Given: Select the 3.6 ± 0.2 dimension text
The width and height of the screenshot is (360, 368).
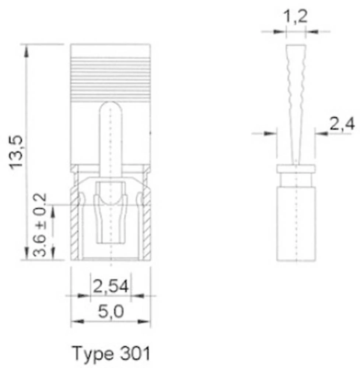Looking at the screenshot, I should point(40,224).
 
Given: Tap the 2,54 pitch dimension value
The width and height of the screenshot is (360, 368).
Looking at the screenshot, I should point(111,286).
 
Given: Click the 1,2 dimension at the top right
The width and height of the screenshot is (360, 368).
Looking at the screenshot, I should point(295,17).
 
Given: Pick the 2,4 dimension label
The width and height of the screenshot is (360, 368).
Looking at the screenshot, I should point(342,125).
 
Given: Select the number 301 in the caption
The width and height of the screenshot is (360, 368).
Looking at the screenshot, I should point(135,354).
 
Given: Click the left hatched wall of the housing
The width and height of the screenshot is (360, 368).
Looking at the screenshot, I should point(75,224).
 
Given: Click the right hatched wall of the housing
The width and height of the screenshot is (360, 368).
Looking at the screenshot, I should point(147,224).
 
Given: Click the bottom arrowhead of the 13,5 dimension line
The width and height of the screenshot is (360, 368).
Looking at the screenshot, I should point(26,254).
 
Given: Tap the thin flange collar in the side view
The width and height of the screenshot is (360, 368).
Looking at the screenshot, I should point(296,169).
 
